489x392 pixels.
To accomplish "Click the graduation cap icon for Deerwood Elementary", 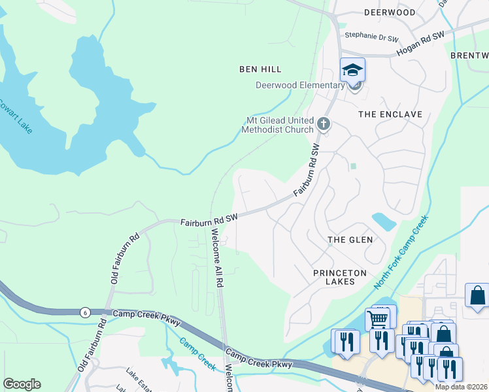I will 352,69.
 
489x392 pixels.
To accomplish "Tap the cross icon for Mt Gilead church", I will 323,123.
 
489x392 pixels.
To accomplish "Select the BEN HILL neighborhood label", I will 260,69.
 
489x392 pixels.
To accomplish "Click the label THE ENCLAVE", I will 390,114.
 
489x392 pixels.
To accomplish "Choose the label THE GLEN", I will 350,240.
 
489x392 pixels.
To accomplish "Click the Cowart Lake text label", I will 15,117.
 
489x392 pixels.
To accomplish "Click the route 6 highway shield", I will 84,312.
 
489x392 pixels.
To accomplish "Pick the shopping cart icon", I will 378,319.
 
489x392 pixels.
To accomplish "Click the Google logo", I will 22,384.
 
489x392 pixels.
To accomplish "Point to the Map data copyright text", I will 460,387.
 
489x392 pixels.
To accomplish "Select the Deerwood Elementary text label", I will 300,86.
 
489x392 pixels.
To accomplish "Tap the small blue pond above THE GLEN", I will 383,221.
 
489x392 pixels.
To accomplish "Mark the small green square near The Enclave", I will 353,166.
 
